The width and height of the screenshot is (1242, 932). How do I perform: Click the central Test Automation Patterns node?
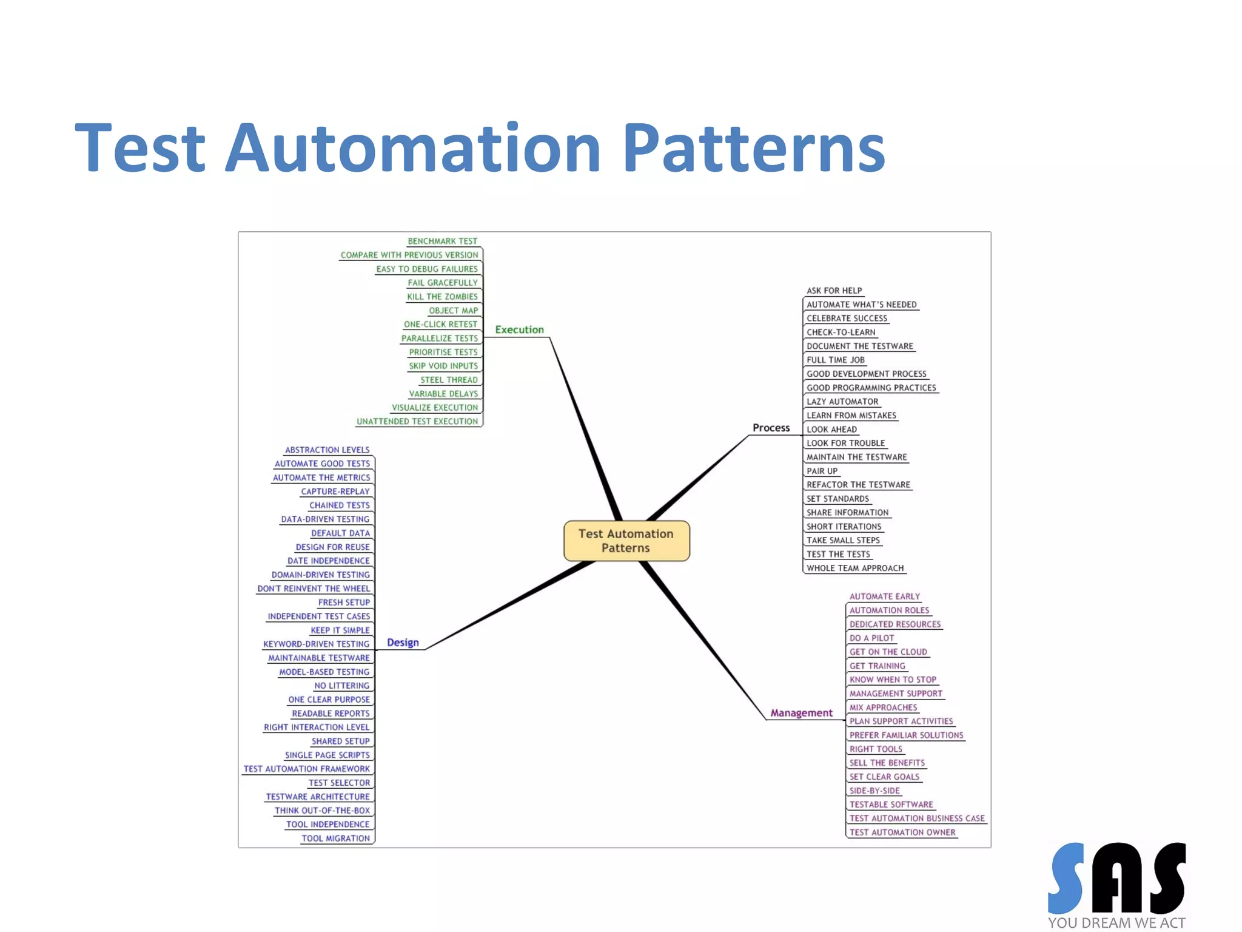pos(626,541)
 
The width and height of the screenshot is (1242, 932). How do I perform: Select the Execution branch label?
pos(519,329)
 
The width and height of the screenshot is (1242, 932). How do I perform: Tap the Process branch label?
pos(771,428)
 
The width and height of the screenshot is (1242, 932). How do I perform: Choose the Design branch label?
pos(403,643)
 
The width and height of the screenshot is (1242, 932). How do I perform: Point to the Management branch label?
pos(801,713)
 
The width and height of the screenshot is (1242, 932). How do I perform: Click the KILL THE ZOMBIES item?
pos(442,297)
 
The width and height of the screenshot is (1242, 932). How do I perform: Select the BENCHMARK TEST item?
pos(442,241)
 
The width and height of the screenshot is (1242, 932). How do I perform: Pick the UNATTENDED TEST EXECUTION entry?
pos(417,422)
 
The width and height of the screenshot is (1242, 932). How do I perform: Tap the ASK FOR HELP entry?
pos(834,291)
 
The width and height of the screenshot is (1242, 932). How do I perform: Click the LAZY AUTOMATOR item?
pos(842,402)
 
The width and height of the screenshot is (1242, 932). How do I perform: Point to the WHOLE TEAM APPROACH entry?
pos(855,569)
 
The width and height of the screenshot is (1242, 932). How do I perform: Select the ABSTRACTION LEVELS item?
pos(327,450)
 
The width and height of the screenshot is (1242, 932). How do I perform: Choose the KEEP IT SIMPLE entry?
pos(340,630)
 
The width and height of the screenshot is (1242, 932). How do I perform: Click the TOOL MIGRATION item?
pos(335,839)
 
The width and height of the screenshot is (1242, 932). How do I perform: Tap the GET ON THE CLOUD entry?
pos(888,652)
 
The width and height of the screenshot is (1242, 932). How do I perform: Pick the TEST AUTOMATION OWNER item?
pos(902,832)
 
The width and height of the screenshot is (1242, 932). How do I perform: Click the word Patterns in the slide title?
pos(754,149)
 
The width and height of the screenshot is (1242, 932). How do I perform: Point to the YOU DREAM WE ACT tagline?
pos(1116,923)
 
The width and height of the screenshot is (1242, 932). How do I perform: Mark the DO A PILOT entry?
pos(871,638)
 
